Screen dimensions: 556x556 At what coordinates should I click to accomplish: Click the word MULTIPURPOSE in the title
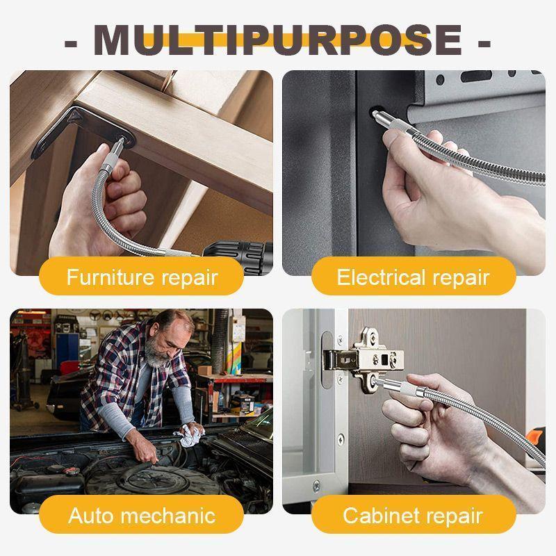(x=278, y=40)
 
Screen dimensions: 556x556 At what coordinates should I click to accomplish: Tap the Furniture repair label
(x=142, y=277)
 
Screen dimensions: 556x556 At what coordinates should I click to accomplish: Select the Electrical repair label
(x=414, y=277)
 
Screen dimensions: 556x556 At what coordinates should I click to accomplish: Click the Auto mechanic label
(x=142, y=516)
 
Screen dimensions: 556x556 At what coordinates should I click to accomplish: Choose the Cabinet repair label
(x=414, y=516)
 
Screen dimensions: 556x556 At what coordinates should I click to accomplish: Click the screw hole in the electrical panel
(x=375, y=112)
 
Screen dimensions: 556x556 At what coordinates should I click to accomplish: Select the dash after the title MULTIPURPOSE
(x=484, y=42)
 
